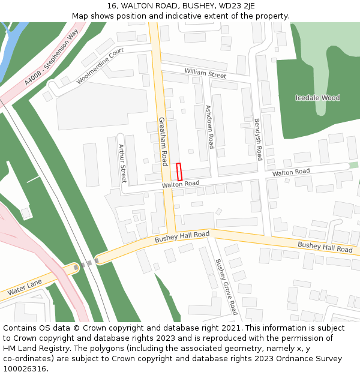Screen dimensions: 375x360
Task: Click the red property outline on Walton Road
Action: pyautogui.click(x=179, y=172)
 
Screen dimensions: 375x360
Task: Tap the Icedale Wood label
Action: pyautogui.click(x=317, y=98)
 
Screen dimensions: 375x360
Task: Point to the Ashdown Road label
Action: pyautogui.click(x=209, y=127)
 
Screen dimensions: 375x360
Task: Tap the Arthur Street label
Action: pyautogui.click(x=122, y=163)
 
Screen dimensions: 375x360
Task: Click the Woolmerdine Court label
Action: pyautogui.click(x=100, y=66)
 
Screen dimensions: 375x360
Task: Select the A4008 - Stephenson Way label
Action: pyautogui.click(x=52, y=58)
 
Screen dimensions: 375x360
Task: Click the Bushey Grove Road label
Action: pyautogui.click(x=226, y=286)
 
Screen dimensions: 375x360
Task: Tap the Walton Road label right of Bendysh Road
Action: pyautogui.click(x=291, y=172)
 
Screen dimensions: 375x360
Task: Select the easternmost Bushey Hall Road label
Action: pyautogui.click(x=325, y=247)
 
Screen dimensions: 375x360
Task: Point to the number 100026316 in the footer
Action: pyautogui.click(x=24, y=368)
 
